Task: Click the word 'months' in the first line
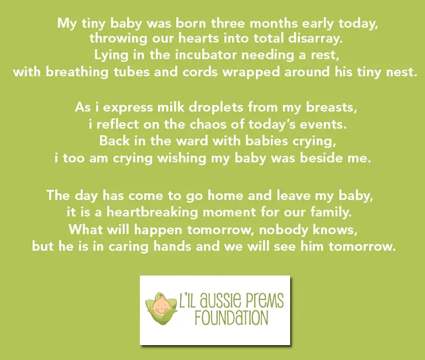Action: [273, 23]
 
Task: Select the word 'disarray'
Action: [314, 38]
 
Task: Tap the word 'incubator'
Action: [206, 55]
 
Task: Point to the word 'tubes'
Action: [132, 72]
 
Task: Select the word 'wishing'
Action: [182, 158]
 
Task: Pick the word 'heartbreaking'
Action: [152, 213]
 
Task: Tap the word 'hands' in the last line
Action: [172, 246]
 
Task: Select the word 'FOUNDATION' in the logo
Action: [231, 318]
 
